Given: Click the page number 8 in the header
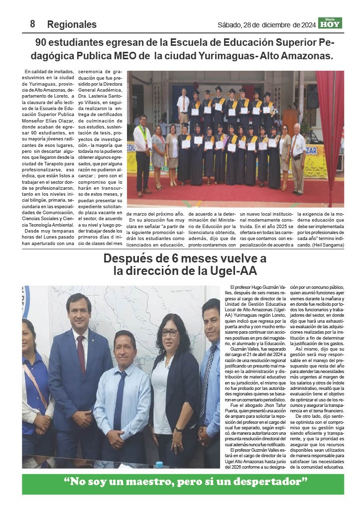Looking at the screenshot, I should [x=32, y=23].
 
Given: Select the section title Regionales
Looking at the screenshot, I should [x=72, y=24].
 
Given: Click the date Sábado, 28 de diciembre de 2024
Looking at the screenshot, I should [x=267, y=24].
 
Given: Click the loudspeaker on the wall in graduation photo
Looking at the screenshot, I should [x=312, y=97].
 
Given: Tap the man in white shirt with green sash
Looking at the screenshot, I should [x=142, y=154].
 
